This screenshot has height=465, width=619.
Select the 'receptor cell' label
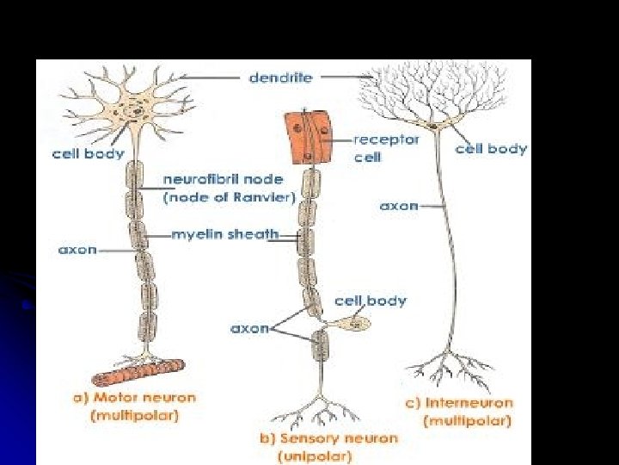(x=385, y=147)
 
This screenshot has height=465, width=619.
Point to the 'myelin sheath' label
(x=224, y=233)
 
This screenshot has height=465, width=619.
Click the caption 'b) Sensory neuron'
(x=328, y=438)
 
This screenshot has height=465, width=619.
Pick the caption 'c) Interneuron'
(x=457, y=403)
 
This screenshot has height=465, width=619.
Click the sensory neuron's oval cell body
(x=352, y=325)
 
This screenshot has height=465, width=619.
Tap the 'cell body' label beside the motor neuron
(x=88, y=155)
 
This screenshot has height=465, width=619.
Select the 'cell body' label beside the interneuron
(x=491, y=149)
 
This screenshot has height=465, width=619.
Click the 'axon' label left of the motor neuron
(x=77, y=250)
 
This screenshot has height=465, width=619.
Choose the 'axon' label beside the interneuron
(x=399, y=207)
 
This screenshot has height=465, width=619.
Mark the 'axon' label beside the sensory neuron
(x=249, y=329)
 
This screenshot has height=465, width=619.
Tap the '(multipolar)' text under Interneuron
(x=467, y=421)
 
